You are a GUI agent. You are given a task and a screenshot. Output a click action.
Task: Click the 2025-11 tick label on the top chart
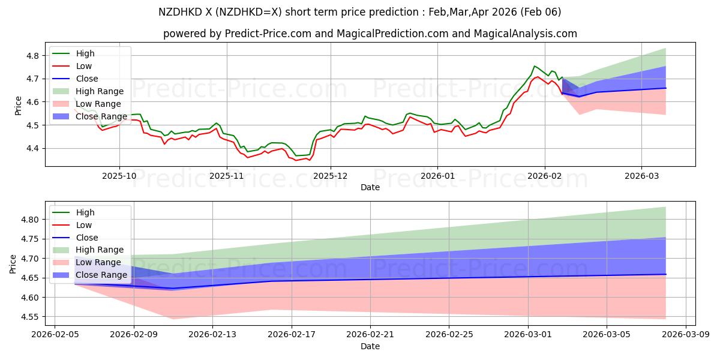tap(227, 176)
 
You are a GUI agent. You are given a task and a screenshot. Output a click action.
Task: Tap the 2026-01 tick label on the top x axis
tap(437, 176)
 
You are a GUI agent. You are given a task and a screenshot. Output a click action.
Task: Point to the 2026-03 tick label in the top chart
tap(641, 176)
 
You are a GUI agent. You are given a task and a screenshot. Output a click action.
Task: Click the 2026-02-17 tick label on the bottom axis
tap(292, 335)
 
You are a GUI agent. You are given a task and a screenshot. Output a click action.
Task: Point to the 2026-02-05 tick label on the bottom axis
tap(55, 335)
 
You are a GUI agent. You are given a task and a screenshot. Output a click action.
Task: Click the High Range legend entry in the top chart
tap(100, 91)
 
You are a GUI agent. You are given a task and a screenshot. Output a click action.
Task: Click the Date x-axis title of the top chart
tap(370, 187)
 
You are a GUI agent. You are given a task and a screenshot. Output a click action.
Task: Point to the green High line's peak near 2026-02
tap(535, 66)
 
